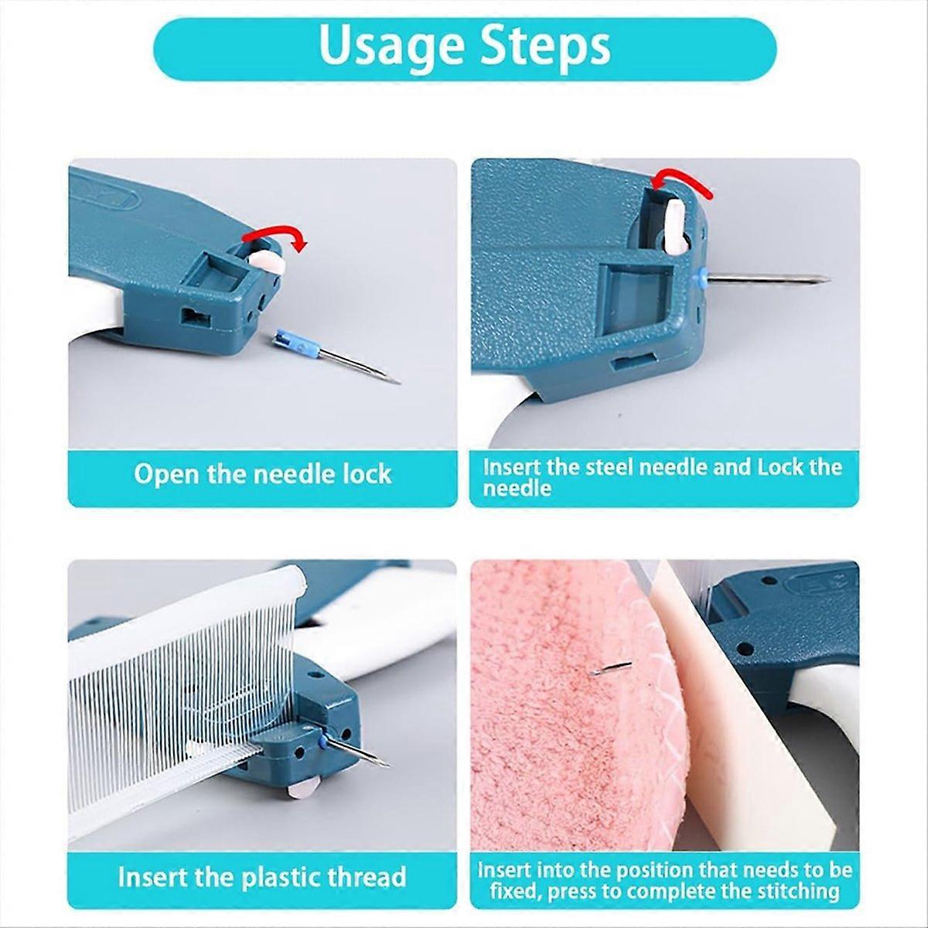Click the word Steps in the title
(x=544, y=48)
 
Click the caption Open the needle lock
(x=262, y=473)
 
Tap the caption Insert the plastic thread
(x=262, y=877)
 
